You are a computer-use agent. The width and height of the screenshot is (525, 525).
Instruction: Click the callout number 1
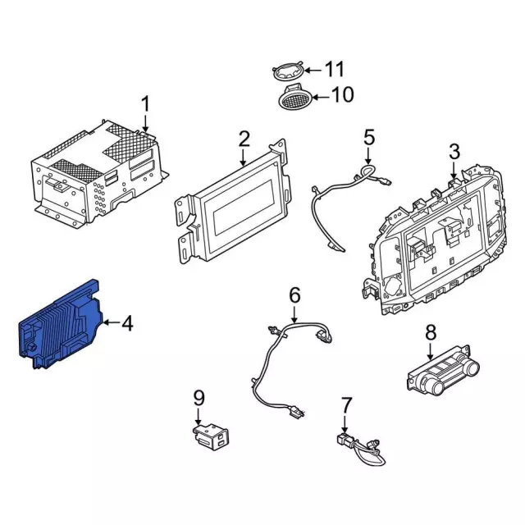[145, 104]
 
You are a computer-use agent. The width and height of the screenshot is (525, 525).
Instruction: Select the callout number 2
[244, 139]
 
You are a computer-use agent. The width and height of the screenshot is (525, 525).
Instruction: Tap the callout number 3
[454, 151]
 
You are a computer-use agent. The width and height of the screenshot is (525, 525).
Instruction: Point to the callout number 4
[127, 323]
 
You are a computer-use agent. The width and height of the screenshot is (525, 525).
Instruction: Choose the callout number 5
[369, 137]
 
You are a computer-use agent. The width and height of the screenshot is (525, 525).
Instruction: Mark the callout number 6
[294, 295]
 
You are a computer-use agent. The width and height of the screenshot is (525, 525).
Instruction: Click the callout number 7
[346, 405]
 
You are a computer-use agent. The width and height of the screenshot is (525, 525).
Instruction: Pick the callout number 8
[431, 332]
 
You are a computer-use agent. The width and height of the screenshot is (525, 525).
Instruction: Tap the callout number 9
[199, 398]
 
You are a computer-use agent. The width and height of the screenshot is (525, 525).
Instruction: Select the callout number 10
[342, 95]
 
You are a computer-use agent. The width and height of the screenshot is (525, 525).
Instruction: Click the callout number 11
[334, 69]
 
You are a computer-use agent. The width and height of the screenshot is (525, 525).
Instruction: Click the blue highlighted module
[60, 326]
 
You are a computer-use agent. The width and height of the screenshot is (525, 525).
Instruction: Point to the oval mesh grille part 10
[296, 98]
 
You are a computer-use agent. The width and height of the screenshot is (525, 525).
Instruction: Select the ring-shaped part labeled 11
[288, 71]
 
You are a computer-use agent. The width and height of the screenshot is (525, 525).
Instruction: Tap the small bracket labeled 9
[210, 436]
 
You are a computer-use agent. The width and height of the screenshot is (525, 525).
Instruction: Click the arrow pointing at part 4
[112, 322]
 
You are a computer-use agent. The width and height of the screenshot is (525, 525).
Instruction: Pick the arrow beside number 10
[321, 98]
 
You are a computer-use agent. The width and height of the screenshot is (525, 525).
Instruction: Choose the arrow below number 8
[431, 352]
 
